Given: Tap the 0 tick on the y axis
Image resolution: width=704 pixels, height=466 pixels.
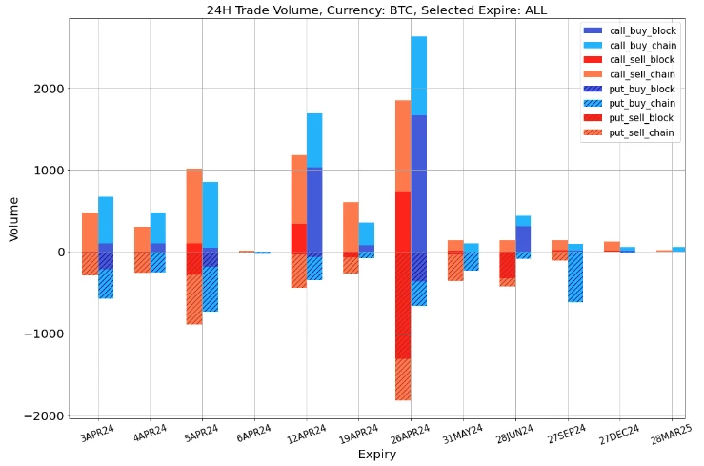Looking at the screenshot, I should click(57, 253).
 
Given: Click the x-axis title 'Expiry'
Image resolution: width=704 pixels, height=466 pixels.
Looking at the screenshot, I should click(376, 456).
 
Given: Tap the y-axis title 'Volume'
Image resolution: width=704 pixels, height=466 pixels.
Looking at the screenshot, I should click(14, 219).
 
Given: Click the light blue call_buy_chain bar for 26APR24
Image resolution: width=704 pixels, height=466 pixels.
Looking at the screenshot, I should click(418, 75).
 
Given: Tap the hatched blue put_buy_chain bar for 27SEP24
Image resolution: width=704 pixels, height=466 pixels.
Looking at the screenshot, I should click(575, 276).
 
